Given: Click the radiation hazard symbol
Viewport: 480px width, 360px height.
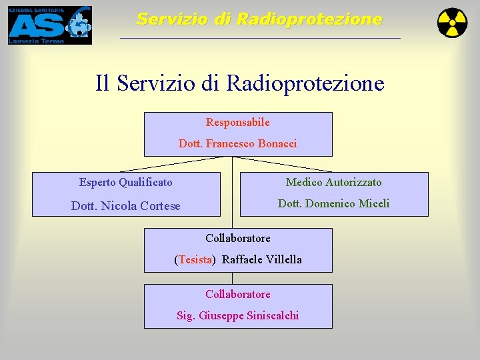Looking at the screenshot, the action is tap(452, 23).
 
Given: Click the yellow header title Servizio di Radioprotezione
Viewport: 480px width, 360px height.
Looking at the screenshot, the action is tap(259, 19).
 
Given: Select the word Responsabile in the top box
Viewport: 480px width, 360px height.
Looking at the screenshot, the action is tap(238, 123).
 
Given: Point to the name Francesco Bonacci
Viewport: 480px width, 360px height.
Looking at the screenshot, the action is tap(251, 144).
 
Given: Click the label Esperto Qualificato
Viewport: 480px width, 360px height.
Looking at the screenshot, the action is tap(125, 183).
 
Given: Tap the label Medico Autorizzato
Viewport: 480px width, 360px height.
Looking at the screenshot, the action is tap(333, 183).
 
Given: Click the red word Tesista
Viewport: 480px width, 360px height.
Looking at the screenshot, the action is tap(195, 260).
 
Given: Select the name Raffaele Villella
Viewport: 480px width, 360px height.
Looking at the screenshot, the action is tap(261, 260).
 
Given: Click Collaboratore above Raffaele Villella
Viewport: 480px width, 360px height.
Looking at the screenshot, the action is tap(238, 239).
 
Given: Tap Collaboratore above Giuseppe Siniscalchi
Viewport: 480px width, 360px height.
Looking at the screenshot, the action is tap(238, 295).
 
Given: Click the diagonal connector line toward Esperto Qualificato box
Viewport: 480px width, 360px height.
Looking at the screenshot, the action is tap(177, 164).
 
